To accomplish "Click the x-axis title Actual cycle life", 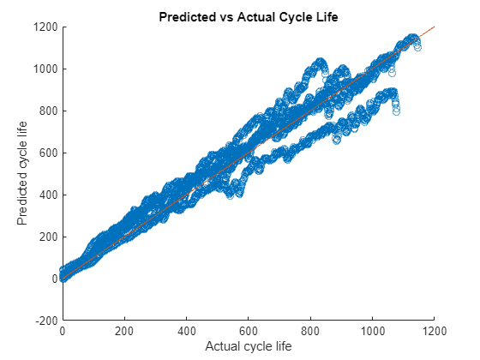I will tap(249, 345).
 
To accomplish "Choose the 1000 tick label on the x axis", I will tap(372, 329).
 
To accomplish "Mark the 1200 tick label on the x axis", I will tap(435, 329).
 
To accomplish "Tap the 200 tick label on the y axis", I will tap(48, 236).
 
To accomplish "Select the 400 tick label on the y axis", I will tap(48, 195).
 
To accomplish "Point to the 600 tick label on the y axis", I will tap(48, 153).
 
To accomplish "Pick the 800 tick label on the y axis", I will tap(48, 111).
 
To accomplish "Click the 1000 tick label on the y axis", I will tap(45, 69).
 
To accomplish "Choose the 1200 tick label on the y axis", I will tap(45, 27).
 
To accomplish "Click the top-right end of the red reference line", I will tap(435, 27).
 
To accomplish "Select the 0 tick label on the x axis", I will tap(63, 329).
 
